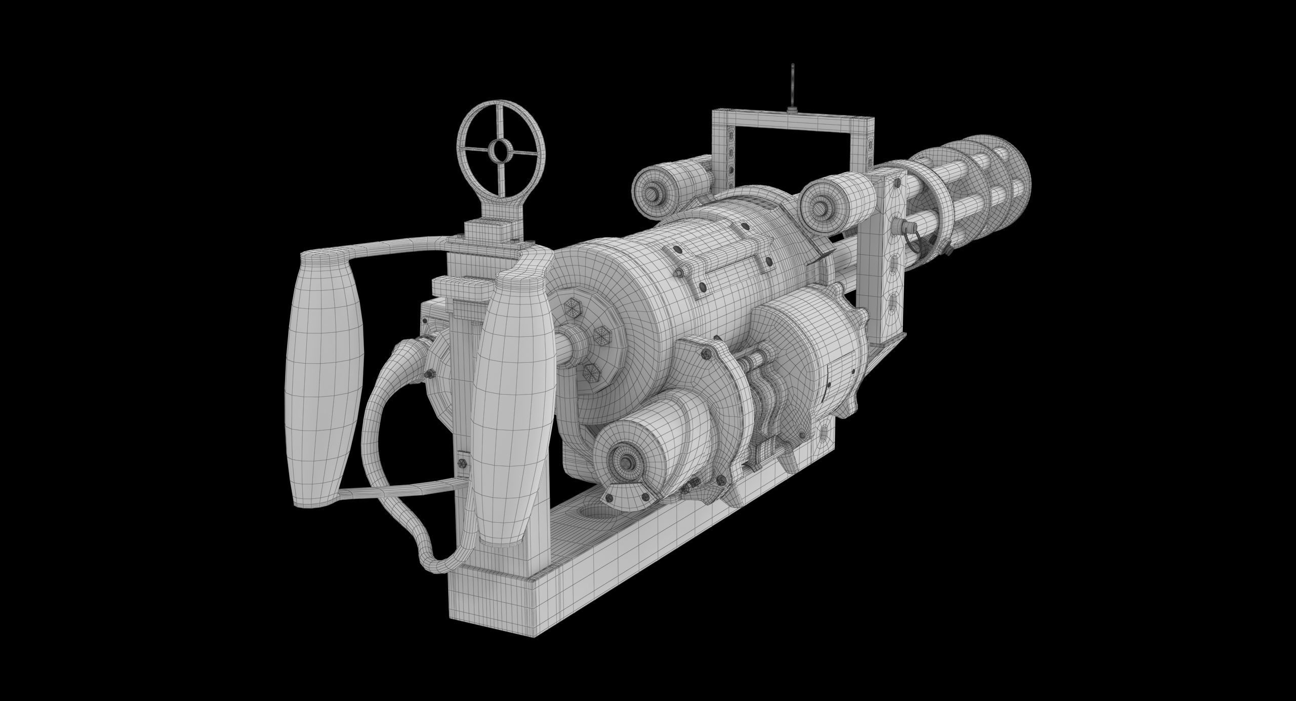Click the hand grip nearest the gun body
coord(513,405)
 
